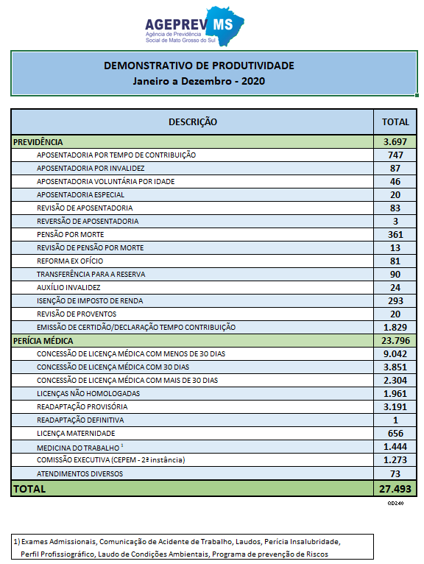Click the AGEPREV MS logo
tap(194, 27)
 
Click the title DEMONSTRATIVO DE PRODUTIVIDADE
tap(199, 66)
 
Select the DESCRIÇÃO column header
tap(193, 122)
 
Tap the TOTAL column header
tap(395, 122)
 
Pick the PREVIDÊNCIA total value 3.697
tap(395, 141)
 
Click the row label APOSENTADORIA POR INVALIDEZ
tap(91, 169)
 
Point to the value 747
tap(395, 155)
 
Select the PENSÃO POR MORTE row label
tap(70, 235)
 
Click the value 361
tap(395, 235)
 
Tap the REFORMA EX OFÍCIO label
tap(70, 261)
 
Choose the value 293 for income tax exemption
tap(395, 300)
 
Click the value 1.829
tap(395, 328)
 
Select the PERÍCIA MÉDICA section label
tap(43, 341)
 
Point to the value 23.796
tap(395, 341)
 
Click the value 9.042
tap(395, 354)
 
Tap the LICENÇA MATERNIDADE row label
tap(76, 434)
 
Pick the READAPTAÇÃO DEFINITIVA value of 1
tap(395, 420)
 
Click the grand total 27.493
tap(395, 489)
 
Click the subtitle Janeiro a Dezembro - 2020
tap(199, 81)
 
